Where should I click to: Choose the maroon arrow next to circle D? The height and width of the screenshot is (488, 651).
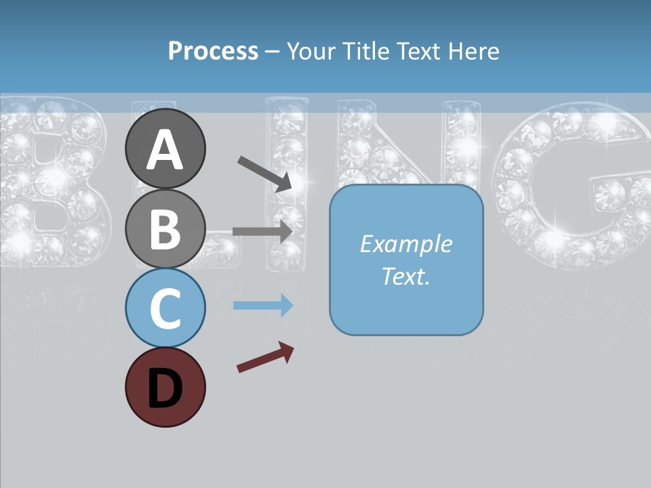tap(265, 358)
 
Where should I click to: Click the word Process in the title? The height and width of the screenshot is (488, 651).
tap(213, 51)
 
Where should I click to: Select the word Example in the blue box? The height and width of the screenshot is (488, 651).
tap(406, 244)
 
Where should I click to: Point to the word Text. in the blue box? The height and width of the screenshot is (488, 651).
tap(406, 276)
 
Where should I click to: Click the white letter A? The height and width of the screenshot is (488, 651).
tap(165, 150)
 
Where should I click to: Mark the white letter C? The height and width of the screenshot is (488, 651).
tap(165, 309)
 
